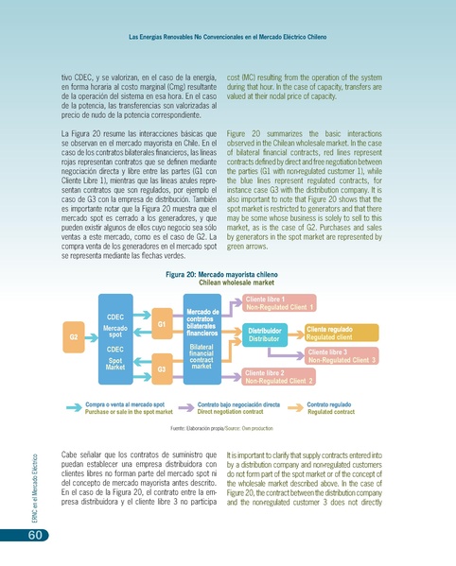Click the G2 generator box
coord(73,335)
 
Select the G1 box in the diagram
coord(162,323)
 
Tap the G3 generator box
coord(162,369)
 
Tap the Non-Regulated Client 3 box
coord(342,356)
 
